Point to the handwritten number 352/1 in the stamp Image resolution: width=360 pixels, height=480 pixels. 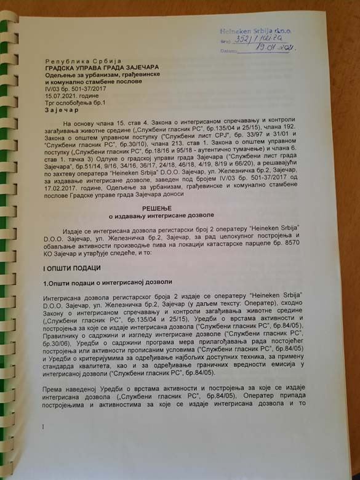point(242,39)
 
